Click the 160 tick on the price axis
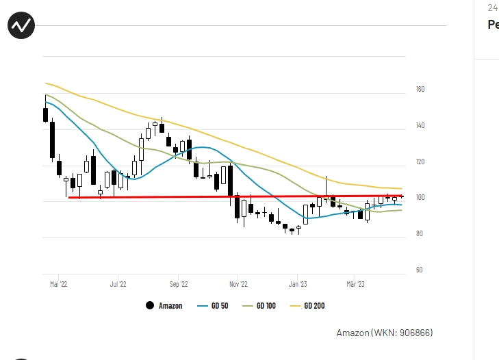pyautogui.click(x=420, y=90)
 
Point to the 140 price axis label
pyautogui.click(x=420, y=126)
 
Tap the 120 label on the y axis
pyautogui.click(x=420, y=162)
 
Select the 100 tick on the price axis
pyautogui.click(x=420, y=198)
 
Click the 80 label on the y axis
pyautogui.click(x=420, y=234)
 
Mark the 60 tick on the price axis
pyautogui.click(x=420, y=270)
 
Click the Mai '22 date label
pyautogui.click(x=59, y=283)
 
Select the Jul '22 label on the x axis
pyautogui.click(x=118, y=283)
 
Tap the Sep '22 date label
pyautogui.click(x=178, y=283)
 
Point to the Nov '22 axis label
pyautogui.click(x=238, y=283)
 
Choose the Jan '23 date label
pyautogui.click(x=298, y=283)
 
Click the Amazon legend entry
pyautogui.click(x=170, y=306)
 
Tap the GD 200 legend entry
pyautogui.click(x=314, y=306)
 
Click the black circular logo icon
pyautogui.click(x=21, y=26)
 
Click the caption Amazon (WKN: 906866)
pyautogui.click(x=384, y=333)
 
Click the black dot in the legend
pyautogui.click(x=150, y=305)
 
